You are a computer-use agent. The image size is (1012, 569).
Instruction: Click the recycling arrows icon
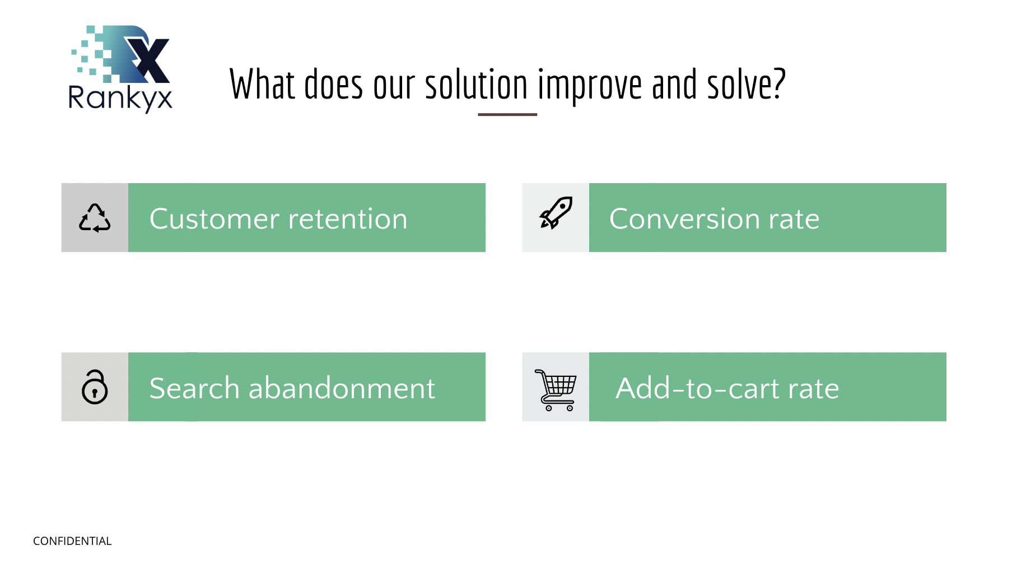(95, 217)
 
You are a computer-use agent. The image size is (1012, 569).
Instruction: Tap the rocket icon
(556, 213)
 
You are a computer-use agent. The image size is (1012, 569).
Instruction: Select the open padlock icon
(95, 386)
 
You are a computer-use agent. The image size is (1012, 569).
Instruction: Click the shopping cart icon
(556, 390)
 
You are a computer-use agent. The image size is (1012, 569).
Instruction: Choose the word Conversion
(685, 218)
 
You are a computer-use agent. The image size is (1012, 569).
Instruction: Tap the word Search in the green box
(194, 388)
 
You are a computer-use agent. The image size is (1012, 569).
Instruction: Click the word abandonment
(342, 388)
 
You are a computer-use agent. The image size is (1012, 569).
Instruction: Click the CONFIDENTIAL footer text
(72, 541)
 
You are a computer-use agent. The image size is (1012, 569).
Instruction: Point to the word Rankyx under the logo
(120, 99)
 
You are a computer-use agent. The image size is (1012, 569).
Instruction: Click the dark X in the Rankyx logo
(147, 59)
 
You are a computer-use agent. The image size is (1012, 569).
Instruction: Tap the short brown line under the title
(507, 114)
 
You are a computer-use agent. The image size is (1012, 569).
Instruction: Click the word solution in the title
(477, 85)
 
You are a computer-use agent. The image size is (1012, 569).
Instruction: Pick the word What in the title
(262, 85)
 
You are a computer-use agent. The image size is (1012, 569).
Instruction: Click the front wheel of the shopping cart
(570, 408)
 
